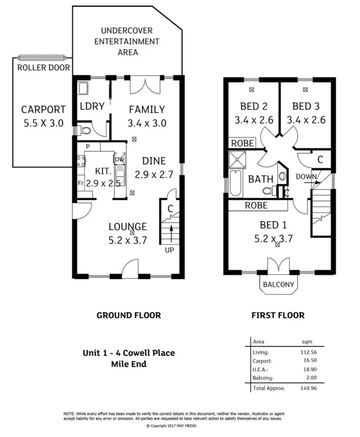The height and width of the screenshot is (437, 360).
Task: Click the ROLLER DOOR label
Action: (x=43, y=68)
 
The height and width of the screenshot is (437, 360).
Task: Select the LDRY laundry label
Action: (x=92, y=106)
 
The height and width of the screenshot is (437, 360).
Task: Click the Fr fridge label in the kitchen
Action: (x=80, y=182)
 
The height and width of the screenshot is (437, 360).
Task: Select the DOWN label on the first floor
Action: (x=306, y=177)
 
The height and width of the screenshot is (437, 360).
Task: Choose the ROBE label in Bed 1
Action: (x=256, y=206)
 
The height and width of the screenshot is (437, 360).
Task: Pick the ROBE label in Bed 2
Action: (x=243, y=143)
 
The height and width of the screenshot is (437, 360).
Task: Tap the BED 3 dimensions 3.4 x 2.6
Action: (x=306, y=120)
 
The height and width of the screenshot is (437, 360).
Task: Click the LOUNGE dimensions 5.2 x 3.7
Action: (x=128, y=240)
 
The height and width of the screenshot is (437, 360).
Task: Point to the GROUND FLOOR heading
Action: (x=129, y=316)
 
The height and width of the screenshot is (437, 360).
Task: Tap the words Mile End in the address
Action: (x=129, y=364)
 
